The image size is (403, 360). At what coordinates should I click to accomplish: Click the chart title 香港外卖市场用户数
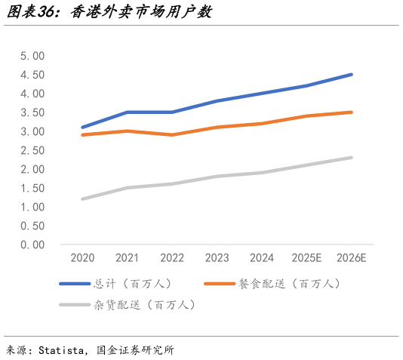[140, 12]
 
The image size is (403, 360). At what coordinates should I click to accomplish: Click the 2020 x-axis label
[83, 258]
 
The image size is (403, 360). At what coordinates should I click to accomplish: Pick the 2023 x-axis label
[217, 258]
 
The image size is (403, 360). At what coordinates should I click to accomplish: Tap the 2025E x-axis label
[306, 258]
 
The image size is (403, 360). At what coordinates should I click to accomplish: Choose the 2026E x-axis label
[351, 258]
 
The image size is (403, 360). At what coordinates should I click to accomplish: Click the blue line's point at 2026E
[351, 75]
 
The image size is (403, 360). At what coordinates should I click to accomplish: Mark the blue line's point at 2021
[128, 112]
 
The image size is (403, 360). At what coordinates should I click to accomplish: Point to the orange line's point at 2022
[172, 135]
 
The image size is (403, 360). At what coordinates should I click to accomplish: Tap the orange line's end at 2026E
[351, 112]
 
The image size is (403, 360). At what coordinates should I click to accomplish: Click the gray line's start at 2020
[83, 199]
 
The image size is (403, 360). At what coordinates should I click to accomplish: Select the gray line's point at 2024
[262, 173]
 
